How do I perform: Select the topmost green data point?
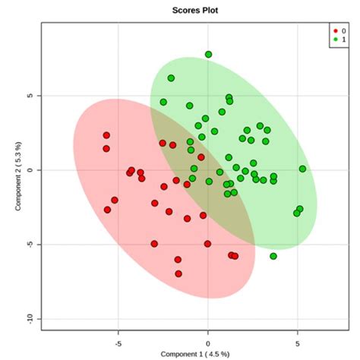coord(208,55)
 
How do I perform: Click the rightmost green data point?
coord(302,169)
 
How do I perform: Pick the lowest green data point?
coord(273,256)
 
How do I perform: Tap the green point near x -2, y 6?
coord(171,78)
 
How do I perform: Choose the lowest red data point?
coord(178,273)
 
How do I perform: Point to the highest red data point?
coord(106,136)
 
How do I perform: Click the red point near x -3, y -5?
coord(154,244)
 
